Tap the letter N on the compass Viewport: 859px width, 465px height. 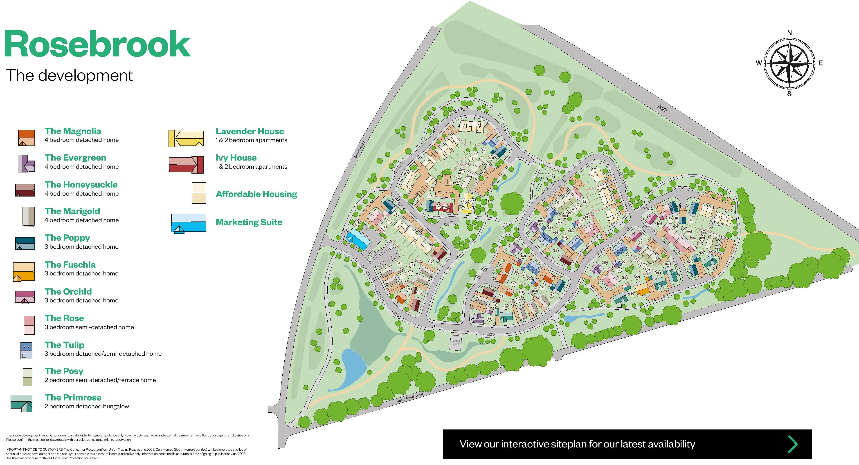[x=789, y=33]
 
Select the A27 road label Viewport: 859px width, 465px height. [x=662, y=108]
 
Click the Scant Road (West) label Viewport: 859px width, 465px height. [x=410, y=397]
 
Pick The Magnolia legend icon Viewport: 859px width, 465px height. [x=26, y=138]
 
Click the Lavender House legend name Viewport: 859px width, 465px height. [x=250, y=131]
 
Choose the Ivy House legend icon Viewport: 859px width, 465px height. [x=186, y=165]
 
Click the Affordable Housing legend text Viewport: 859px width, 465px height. [x=256, y=194]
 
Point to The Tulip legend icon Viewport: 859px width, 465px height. [x=26, y=350]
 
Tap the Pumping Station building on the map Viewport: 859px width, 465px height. [x=456, y=342]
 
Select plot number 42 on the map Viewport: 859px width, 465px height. [x=483, y=150]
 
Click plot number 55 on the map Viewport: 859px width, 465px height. [x=489, y=319]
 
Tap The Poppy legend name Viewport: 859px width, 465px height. [x=67, y=238]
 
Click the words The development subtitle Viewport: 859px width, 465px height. [x=69, y=75]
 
